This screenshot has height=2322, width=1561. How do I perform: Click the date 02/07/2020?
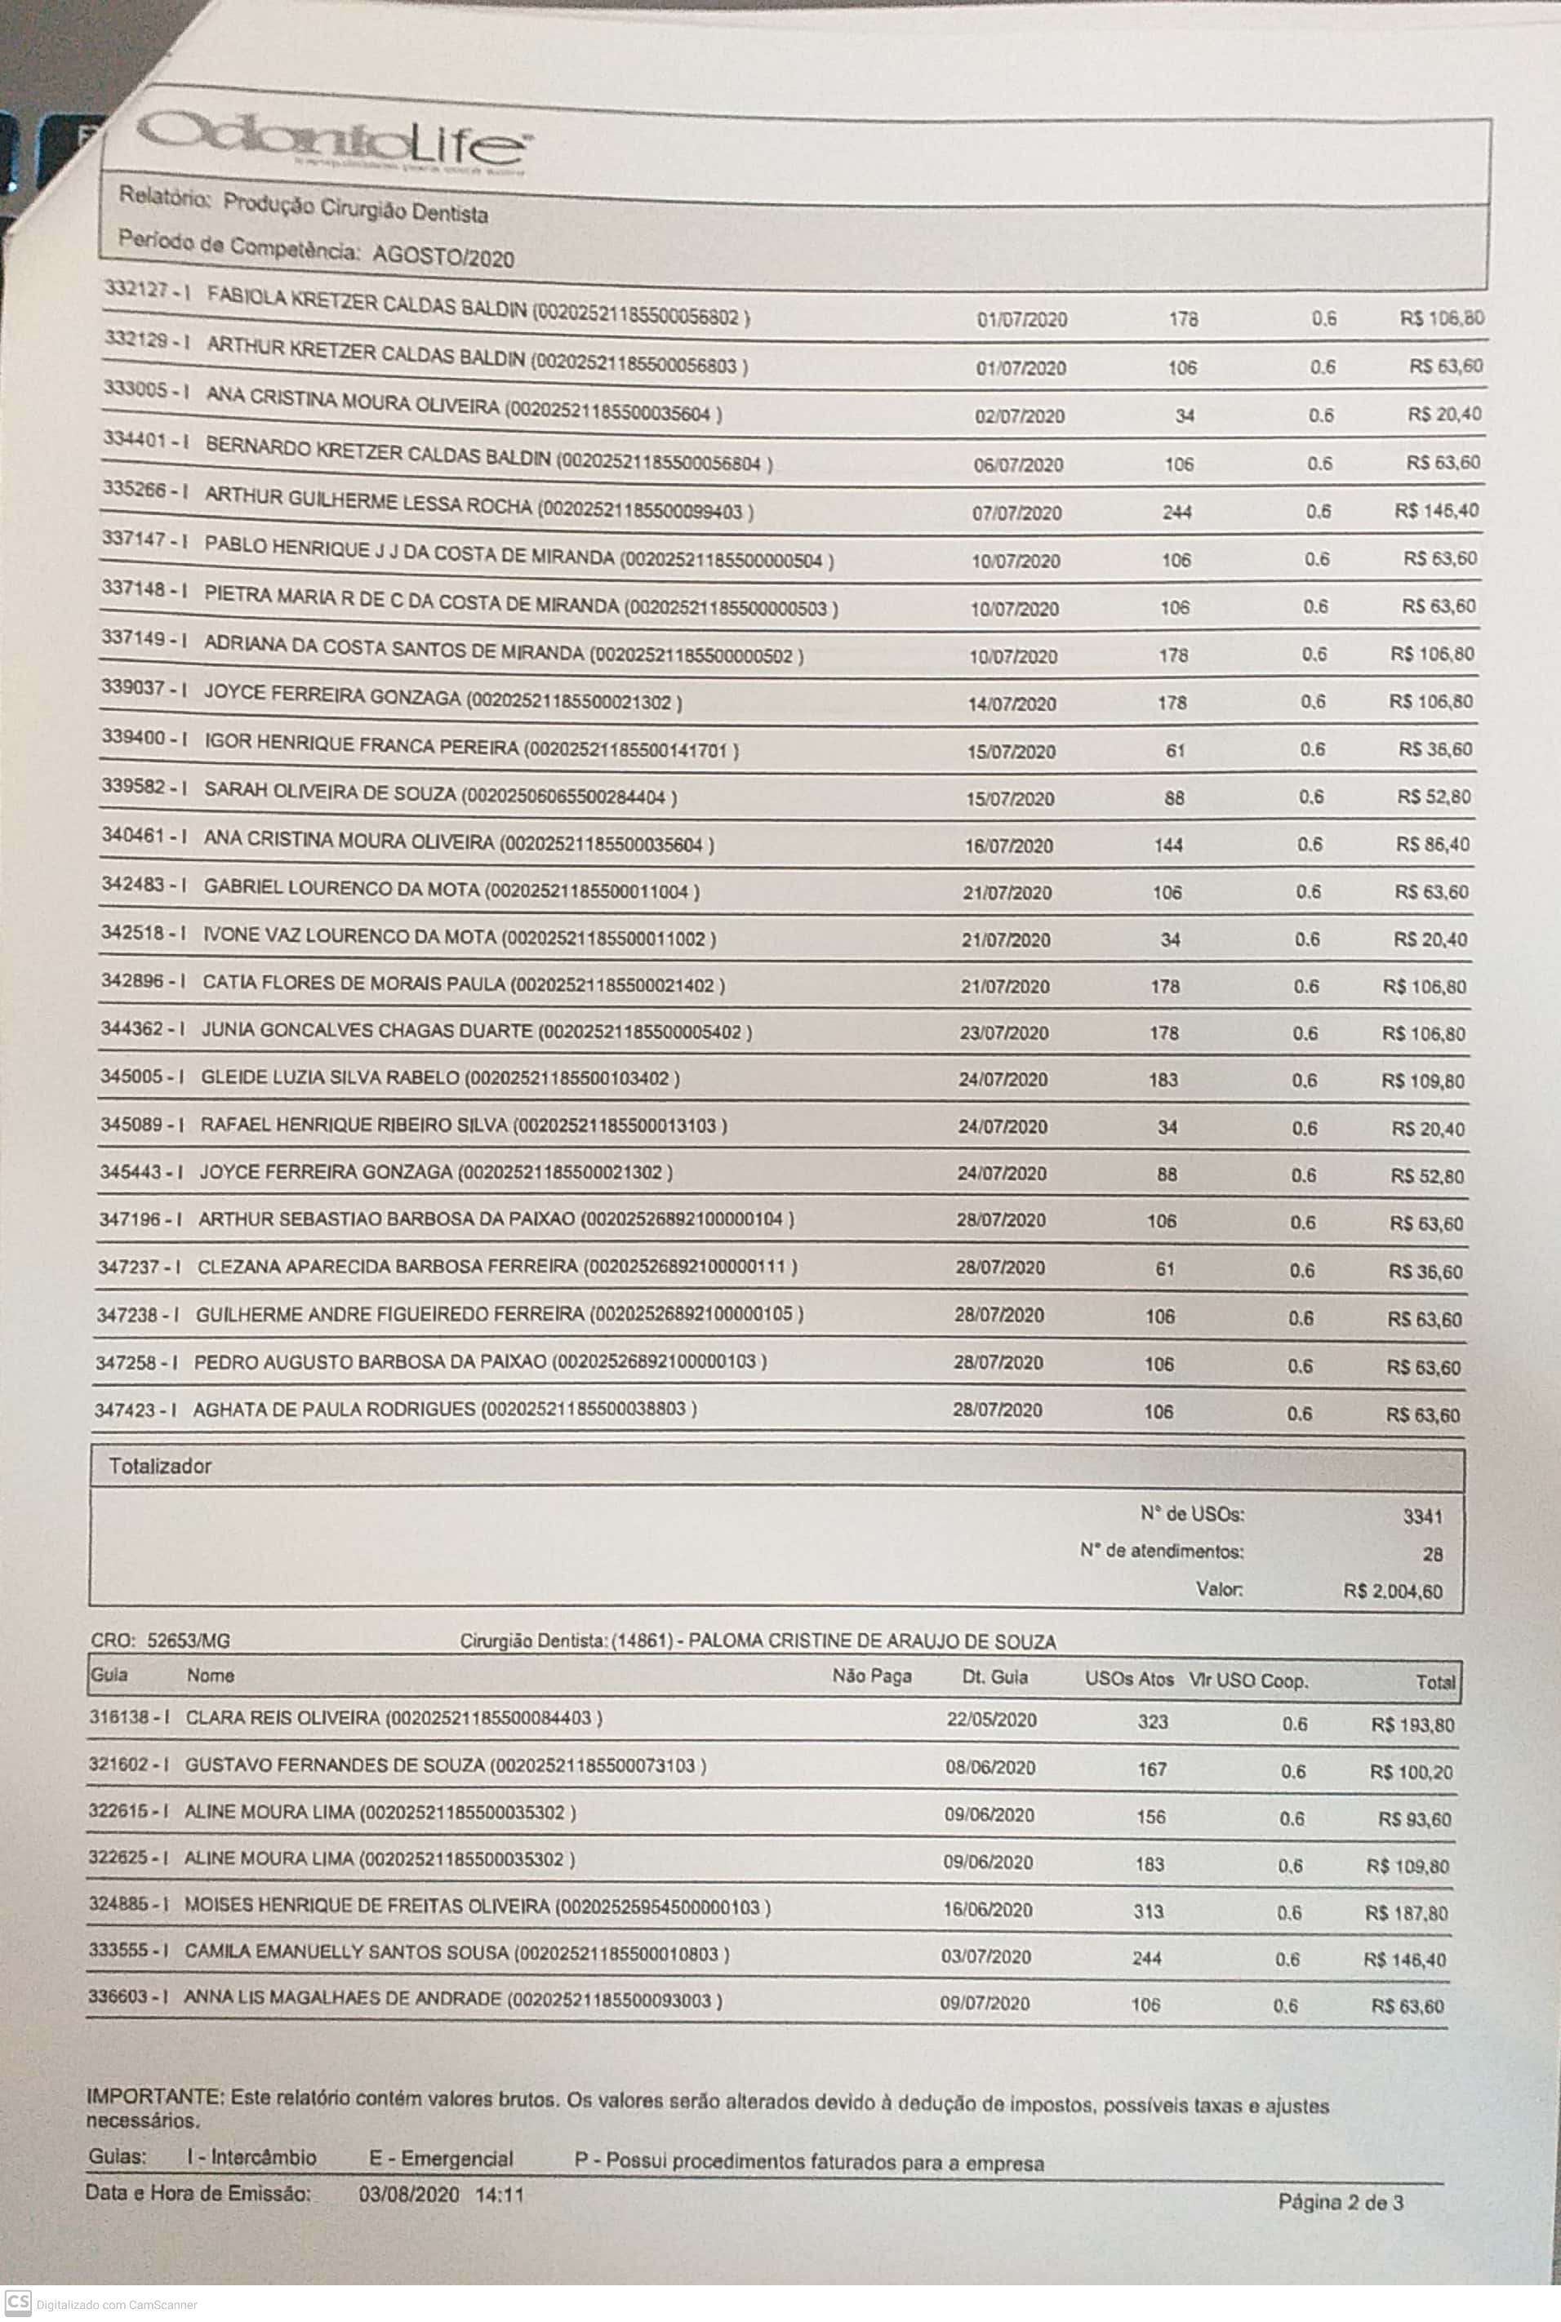1020,416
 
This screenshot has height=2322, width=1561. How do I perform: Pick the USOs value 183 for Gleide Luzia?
1163,1080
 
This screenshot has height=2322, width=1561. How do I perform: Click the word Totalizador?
160,1466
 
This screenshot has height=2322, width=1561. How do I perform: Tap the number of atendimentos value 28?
1433,1554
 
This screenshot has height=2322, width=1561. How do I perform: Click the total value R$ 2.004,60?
1393,1592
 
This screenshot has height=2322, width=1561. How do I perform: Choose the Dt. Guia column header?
994,1677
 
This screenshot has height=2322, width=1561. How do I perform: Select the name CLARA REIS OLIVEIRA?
282,1718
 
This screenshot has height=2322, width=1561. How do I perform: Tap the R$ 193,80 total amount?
1412,1725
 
